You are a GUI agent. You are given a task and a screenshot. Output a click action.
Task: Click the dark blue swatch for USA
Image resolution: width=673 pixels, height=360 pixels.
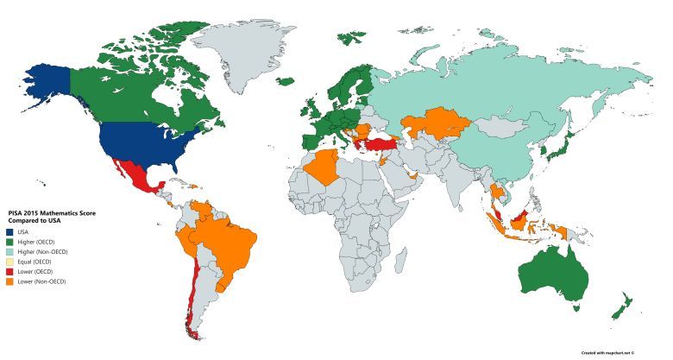[x=9, y=231]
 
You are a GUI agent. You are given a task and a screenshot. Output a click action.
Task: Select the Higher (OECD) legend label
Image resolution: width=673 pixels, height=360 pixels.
[x=35, y=241]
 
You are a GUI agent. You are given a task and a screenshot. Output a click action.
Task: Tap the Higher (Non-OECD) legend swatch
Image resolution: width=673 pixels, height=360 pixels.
[x=9, y=251]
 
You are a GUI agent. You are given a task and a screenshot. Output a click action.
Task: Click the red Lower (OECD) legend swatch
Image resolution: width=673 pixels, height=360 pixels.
[x=9, y=272]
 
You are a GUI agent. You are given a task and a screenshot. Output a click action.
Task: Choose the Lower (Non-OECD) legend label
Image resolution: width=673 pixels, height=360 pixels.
[x=40, y=282]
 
